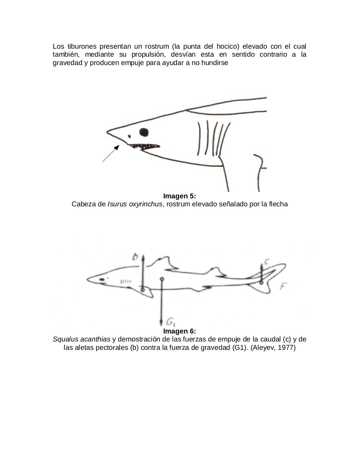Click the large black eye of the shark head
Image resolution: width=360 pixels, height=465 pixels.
pyautogui.click(x=144, y=132)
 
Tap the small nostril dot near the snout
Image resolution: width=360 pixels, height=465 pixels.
pyautogui.click(x=129, y=137)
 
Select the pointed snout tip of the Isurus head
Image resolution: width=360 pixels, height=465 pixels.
pyautogui.click(x=108, y=131)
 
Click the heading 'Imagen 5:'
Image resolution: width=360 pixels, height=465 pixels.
pyautogui.click(x=179, y=196)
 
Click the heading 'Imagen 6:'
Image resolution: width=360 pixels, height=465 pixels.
pyautogui.click(x=179, y=331)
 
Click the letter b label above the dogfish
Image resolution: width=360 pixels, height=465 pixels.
pyautogui.click(x=135, y=257)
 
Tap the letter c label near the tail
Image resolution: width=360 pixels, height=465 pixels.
pyautogui.click(x=267, y=261)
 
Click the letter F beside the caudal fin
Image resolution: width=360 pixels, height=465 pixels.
pyautogui.click(x=284, y=287)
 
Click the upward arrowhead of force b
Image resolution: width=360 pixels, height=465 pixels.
pyautogui.click(x=143, y=257)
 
